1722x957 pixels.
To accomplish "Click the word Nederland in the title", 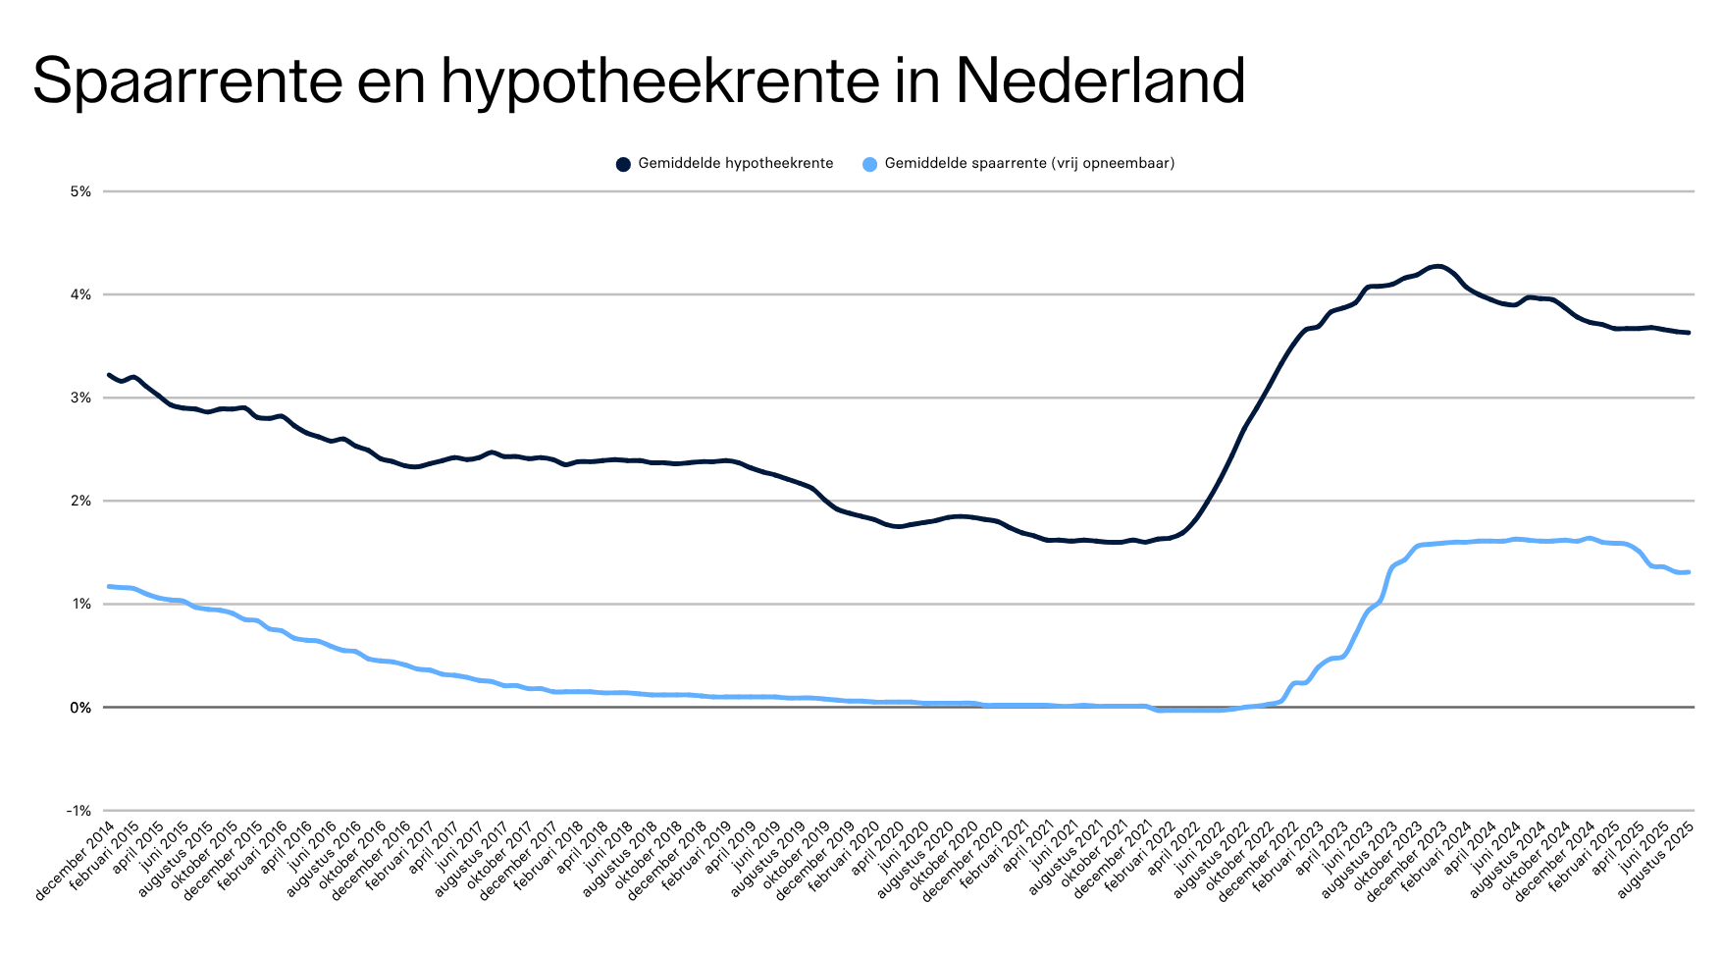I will [1100, 80].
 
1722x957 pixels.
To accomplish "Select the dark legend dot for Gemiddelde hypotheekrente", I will [623, 164].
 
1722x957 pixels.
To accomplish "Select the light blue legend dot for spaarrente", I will [869, 164].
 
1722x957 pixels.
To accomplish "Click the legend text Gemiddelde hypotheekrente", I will [735, 164].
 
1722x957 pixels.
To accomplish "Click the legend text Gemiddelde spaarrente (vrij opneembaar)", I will [1029, 164].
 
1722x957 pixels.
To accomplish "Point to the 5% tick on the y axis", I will [80, 191].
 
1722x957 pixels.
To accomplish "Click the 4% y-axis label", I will [80, 294].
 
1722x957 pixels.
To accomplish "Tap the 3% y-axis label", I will [80, 398].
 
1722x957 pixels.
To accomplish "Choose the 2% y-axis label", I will [80, 501].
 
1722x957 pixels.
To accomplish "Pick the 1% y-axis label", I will [80, 604].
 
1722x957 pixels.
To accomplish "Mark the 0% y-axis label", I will [80, 707].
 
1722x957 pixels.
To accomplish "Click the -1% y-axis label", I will [78, 811].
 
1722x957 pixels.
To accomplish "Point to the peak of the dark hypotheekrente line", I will [1437, 266].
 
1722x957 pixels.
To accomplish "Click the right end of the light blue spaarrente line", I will [1688, 572].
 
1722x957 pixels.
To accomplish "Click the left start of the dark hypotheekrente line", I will [109, 375].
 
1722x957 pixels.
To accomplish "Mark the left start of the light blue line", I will [109, 586].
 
